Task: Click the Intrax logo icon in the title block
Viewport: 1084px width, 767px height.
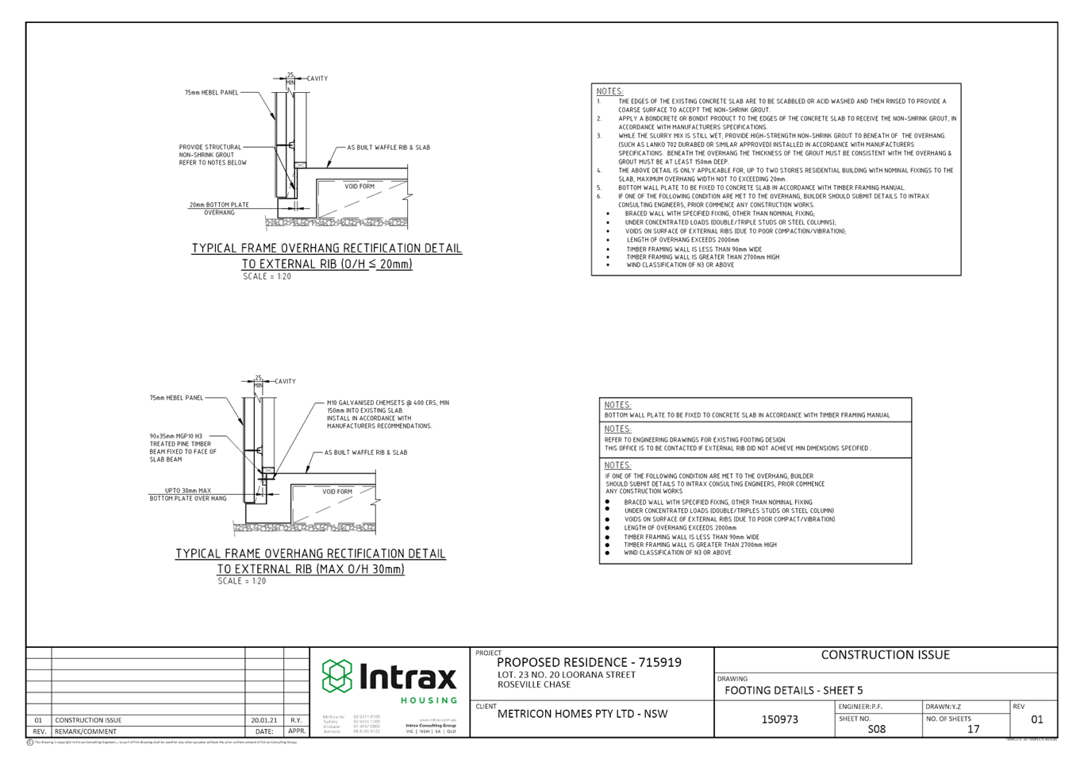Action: (336, 676)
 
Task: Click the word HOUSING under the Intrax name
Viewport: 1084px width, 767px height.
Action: (429, 700)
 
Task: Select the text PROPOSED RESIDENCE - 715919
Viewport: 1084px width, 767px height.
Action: (588, 662)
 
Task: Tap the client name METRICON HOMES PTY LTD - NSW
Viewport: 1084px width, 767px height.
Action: (582, 713)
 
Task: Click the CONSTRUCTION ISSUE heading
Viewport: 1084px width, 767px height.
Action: (885, 655)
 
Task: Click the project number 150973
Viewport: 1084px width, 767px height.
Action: (779, 719)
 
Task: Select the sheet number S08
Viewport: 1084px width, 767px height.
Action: (876, 728)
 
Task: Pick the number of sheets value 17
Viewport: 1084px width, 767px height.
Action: (973, 728)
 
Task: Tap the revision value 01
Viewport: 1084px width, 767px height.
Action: (1036, 719)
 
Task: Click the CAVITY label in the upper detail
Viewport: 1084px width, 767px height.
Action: (317, 79)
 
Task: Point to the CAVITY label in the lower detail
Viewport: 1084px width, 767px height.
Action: (286, 381)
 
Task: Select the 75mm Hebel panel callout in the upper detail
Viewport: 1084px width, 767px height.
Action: (212, 93)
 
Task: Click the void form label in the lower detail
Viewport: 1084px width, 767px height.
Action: (337, 491)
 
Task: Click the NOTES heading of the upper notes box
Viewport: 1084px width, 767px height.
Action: (609, 91)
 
